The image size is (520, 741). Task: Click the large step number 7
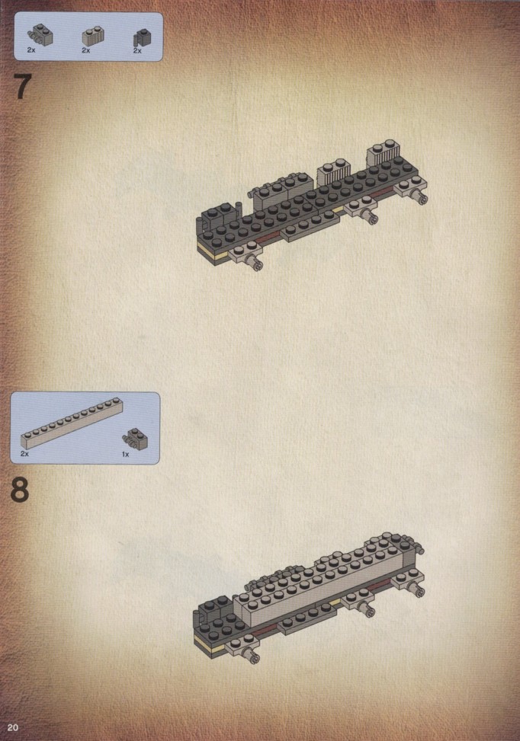(x=23, y=87)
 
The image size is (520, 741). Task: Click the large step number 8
(x=19, y=490)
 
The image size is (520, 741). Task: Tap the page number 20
(x=13, y=727)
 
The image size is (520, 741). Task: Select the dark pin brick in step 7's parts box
(x=40, y=34)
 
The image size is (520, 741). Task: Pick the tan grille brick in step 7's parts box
(x=93, y=36)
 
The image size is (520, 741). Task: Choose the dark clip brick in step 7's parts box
(x=140, y=37)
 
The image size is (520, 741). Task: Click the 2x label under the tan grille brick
(x=85, y=50)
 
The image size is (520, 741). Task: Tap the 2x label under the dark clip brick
(x=137, y=50)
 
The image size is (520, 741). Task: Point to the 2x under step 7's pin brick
(x=31, y=50)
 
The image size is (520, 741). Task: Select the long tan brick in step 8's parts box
(x=72, y=423)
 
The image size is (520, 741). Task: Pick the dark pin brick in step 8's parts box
(x=135, y=439)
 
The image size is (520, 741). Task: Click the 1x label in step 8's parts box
(x=125, y=454)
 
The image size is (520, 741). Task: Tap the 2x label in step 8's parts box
(x=24, y=454)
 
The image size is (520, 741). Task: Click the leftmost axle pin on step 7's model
(x=255, y=263)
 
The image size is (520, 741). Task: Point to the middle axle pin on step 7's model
(x=368, y=216)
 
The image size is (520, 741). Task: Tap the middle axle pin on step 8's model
(x=364, y=609)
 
